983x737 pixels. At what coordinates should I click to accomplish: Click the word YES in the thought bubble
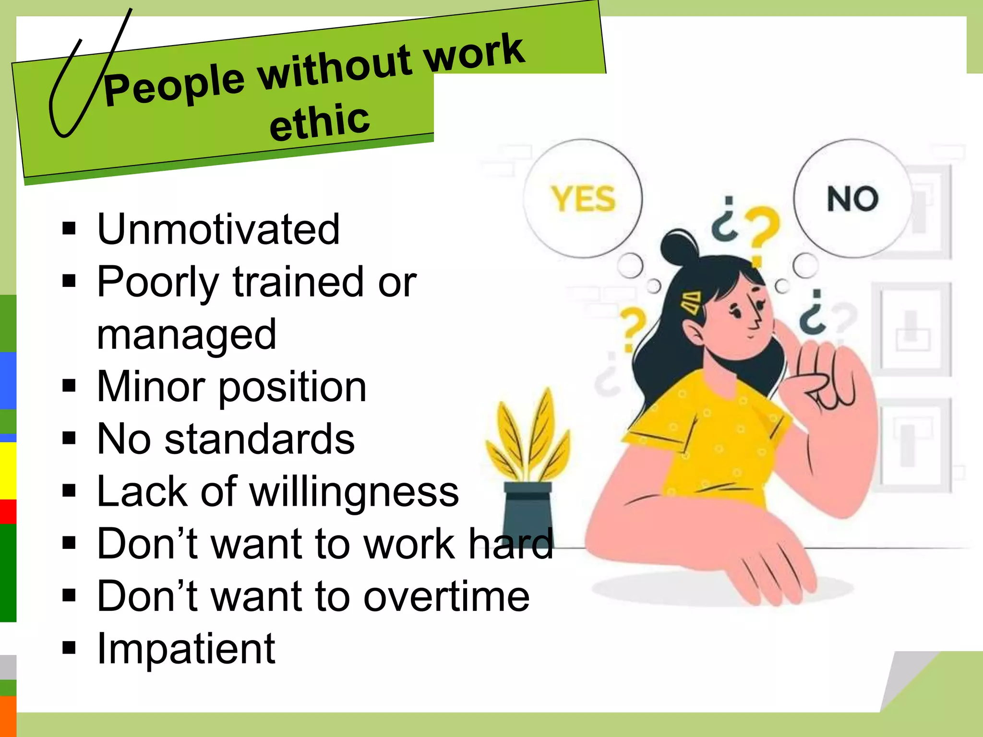point(583,199)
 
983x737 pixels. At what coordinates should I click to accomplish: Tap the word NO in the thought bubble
point(852,199)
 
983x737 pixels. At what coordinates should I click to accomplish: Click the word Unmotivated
point(218,229)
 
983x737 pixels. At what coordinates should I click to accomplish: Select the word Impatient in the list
point(186,649)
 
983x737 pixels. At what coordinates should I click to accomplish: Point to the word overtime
point(446,596)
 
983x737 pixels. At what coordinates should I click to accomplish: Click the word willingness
point(354,491)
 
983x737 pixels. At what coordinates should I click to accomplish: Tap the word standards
point(259,439)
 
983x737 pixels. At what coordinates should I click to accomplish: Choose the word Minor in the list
point(150,387)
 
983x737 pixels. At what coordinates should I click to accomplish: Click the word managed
point(186,335)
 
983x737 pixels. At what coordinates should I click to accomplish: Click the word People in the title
point(174,85)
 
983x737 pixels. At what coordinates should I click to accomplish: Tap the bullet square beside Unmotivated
point(69,229)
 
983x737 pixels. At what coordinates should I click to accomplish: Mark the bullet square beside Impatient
point(69,648)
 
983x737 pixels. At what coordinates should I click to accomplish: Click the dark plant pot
point(527,513)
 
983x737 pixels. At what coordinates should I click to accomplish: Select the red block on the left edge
point(8,511)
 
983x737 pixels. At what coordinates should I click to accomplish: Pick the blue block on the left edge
point(8,380)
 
